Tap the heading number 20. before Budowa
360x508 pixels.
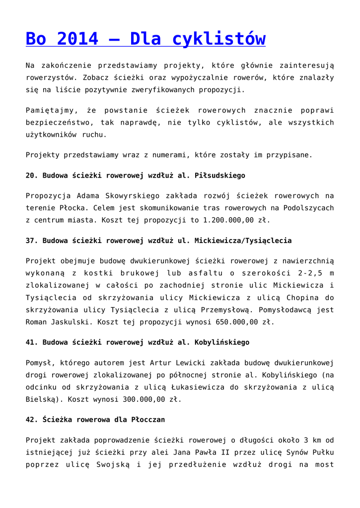32,176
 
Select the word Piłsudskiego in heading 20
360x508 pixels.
220,176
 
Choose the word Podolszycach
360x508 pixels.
309,208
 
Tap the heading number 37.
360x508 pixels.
32,241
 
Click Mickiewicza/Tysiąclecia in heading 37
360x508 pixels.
243,241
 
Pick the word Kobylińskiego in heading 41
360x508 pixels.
222,342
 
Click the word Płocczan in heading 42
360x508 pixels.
148,419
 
